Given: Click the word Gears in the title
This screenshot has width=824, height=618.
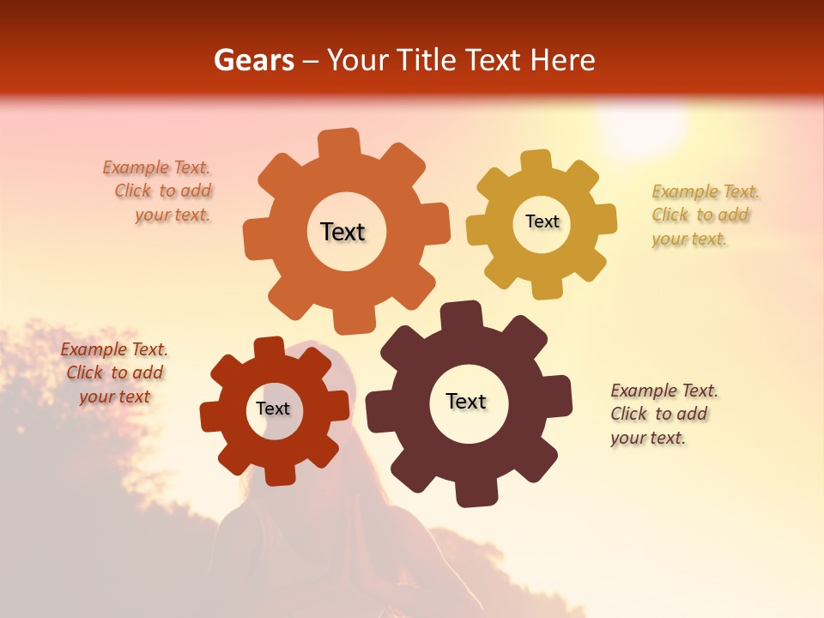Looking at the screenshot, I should [x=253, y=60].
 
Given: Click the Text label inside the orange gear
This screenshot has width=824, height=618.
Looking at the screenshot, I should [x=342, y=232].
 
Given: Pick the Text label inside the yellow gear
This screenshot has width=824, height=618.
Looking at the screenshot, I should [x=542, y=221].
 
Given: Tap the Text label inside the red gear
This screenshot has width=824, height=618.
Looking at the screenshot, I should [x=272, y=409].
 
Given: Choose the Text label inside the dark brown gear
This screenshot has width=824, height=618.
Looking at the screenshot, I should [x=466, y=401].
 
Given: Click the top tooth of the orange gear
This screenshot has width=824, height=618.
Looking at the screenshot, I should [x=339, y=142].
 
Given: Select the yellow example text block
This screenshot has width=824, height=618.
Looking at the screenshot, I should [x=704, y=215].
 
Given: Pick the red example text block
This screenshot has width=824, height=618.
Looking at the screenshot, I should [x=114, y=373].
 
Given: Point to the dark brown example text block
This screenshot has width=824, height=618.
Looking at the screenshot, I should [x=663, y=414].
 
